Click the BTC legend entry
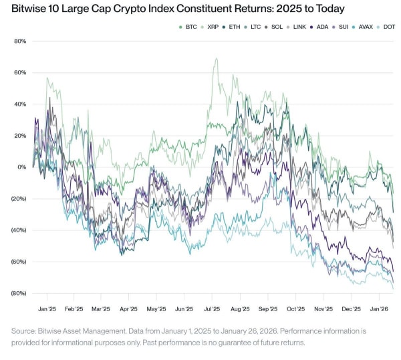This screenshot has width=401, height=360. point(189,27)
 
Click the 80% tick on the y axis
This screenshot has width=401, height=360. point(19,41)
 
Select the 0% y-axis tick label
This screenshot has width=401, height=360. point(21,167)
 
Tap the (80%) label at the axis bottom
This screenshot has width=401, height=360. point(17,293)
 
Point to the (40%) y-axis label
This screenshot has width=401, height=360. point(17,230)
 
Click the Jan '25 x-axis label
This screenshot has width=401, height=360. point(47,310)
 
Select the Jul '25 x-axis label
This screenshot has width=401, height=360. point(212,310)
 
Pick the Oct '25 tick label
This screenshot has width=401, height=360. point(295,310)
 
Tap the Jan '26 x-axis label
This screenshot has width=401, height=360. point(380,310)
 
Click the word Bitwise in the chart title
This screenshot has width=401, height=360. point(27,9)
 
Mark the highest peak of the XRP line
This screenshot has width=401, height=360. point(216,59)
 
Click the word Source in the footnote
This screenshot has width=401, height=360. point(25,331)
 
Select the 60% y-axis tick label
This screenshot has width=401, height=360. point(19,73)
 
